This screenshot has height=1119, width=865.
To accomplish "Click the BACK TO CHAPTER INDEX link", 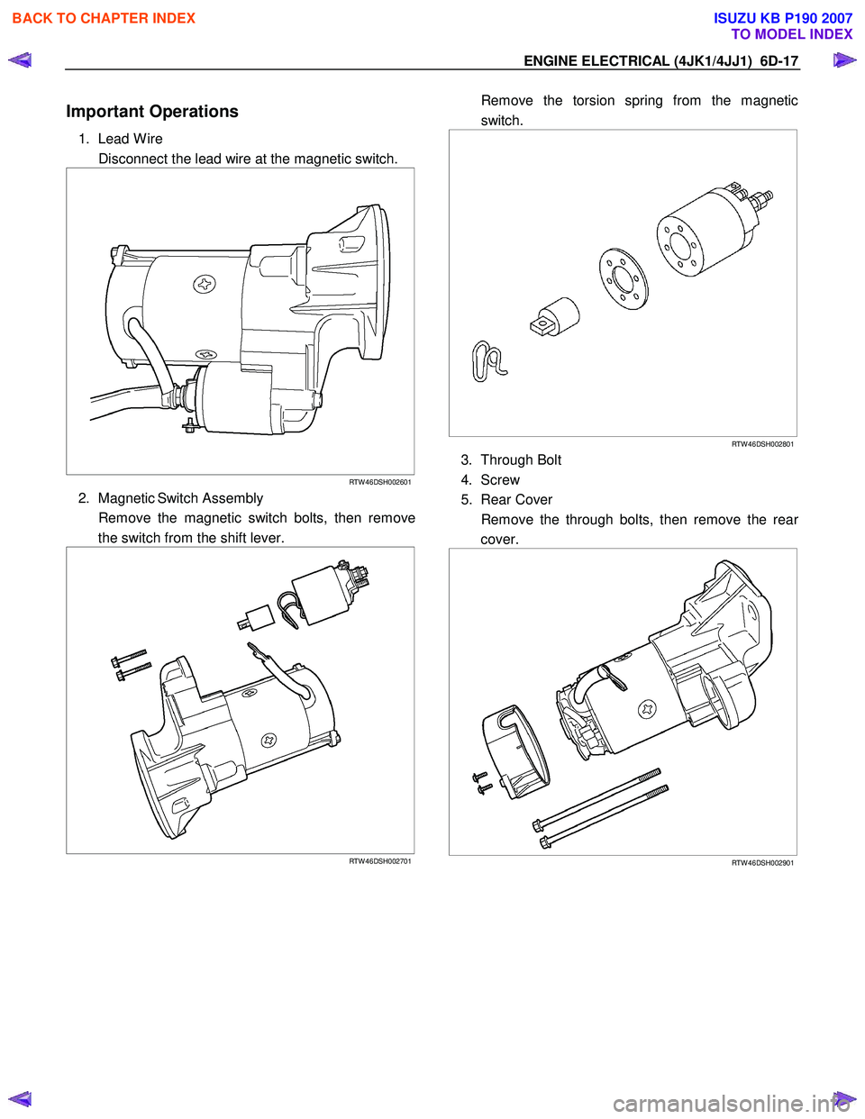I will click(104, 18).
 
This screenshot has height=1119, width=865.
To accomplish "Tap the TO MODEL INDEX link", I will click(791, 34).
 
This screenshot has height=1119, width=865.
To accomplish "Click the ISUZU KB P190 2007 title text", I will click(782, 18).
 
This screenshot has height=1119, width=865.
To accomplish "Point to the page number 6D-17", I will click(778, 61).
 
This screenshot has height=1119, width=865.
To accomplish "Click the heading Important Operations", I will click(152, 112).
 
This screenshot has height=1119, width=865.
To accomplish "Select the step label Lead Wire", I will click(130, 139).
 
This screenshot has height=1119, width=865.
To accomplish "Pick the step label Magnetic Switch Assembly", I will click(180, 498).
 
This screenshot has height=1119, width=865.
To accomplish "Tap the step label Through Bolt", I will click(521, 460).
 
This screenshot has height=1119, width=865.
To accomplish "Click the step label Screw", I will click(500, 480).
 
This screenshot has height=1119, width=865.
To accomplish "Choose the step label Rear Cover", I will click(516, 500).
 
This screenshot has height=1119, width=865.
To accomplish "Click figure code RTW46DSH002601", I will click(380, 482).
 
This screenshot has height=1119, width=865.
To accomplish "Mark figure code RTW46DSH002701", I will click(380, 861).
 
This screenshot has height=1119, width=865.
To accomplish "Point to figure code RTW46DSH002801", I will click(762, 444).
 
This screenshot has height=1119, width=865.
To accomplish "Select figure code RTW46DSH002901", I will click(762, 863).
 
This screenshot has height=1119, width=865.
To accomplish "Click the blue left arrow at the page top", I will click(20, 60).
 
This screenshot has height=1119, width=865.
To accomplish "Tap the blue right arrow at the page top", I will click(844, 60).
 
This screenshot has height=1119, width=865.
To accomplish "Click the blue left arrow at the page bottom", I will click(20, 1098).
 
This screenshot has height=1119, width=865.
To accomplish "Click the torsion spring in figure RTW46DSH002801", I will click(487, 361).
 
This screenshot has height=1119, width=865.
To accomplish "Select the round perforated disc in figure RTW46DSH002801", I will click(624, 278).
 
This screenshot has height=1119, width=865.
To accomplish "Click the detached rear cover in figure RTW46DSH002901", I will click(516, 751).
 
